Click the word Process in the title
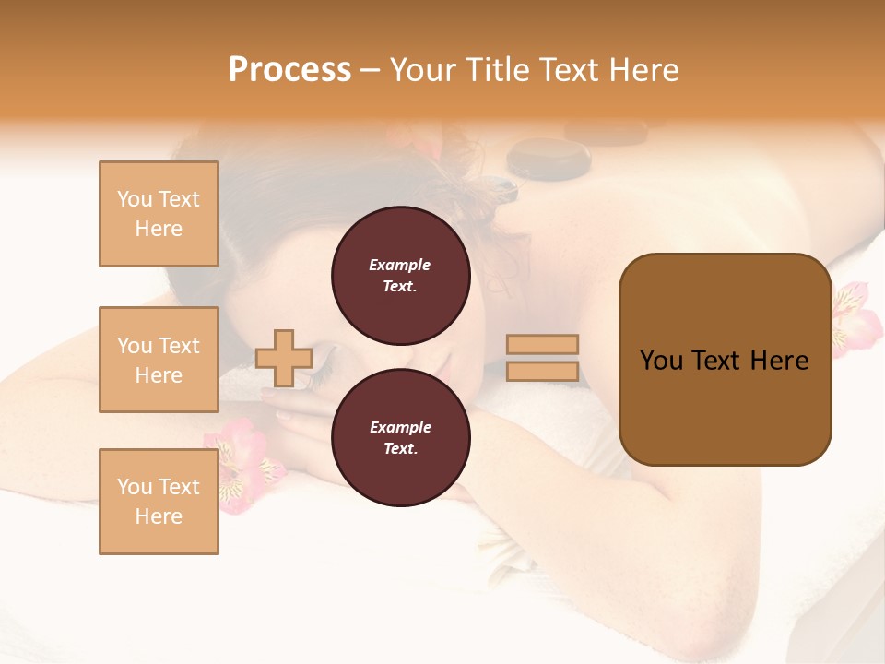pyautogui.click(x=289, y=70)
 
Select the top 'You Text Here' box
pyautogui.click(x=159, y=214)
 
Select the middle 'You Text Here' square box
pyautogui.click(x=159, y=360)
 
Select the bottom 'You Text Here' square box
pyautogui.click(x=159, y=502)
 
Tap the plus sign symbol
pyautogui.click(x=283, y=358)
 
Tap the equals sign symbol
pyautogui.click(x=543, y=358)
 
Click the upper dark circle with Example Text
pyautogui.click(x=400, y=275)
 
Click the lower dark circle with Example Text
pyautogui.click(x=400, y=437)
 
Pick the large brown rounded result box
pyautogui.click(x=725, y=360)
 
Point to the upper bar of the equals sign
pyautogui.click(x=543, y=344)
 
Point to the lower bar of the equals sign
pyautogui.click(x=543, y=372)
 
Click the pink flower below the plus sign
pyautogui.click(x=242, y=461)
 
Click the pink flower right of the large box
pyautogui.click(x=855, y=318)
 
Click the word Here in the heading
pyautogui.click(x=644, y=70)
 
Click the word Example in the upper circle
pyautogui.click(x=400, y=265)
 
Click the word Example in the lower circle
pyautogui.click(x=400, y=427)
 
